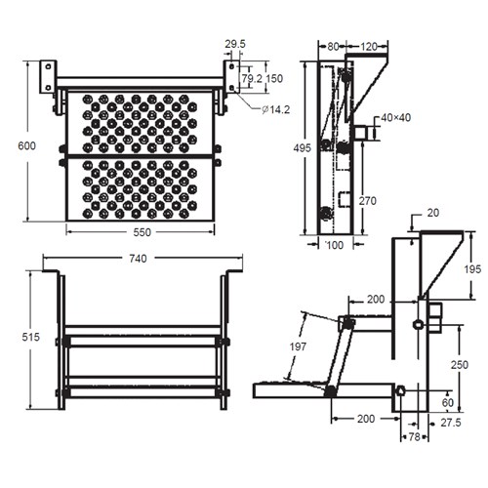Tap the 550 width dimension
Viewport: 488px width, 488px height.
click(x=142, y=233)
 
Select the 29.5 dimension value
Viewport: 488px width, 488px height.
click(x=235, y=44)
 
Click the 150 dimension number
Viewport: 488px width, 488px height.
click(x=275, y=78)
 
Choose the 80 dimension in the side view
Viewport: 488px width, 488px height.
click(x=334, y=45)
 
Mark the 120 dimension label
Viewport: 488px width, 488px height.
click(x=369, y=45)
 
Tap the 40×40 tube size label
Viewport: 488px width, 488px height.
click(x=397, y=118)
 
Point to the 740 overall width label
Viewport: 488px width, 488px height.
click(x=138, y=259)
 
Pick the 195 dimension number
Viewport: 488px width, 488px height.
click(x=471, y=268)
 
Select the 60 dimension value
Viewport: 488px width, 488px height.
click(x=448, y=402)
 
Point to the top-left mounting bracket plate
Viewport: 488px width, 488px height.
click(x=46, y=78)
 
